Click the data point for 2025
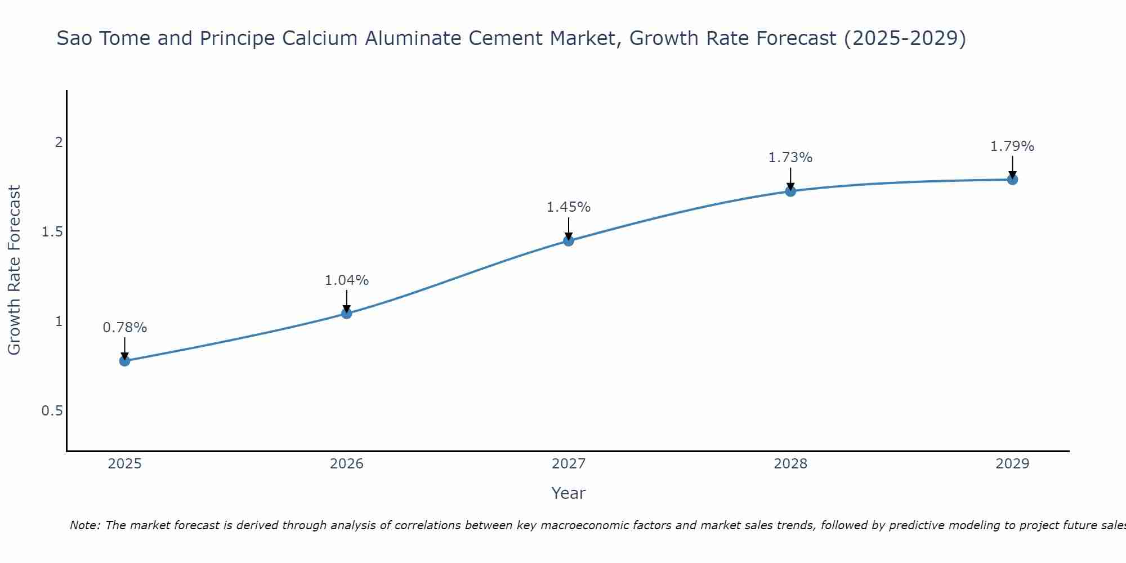coord(125,361)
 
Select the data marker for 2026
coord(347,314)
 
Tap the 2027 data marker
coord(569,241)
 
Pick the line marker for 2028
coord(790,191)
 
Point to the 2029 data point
coord(1012,180)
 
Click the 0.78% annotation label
coord(125,328)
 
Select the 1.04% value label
coord(347,280)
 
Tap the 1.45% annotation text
coord(569,207)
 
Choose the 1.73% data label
coord(790,158)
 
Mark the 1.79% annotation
coord(1012,146)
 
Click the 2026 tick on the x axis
coord(347,464)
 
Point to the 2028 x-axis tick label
coord(790,464)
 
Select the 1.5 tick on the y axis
coord(52,232)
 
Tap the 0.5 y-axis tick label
coord(52,411)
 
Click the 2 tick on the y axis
coord(58,142)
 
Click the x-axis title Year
coord(569,493)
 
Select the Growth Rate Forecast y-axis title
coord(14,270)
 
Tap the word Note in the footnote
coord(84,526)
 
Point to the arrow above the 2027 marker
coord(569,228)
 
